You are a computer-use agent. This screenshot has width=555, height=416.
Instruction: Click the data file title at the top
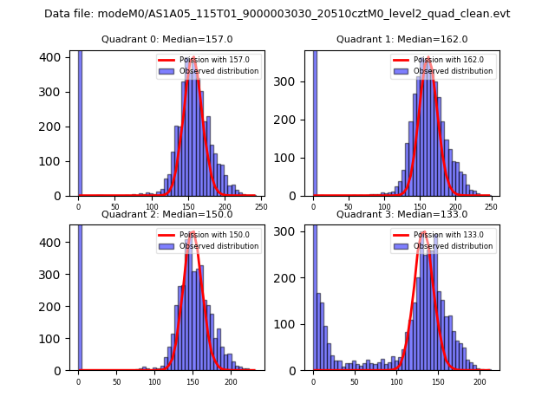click(277, 14)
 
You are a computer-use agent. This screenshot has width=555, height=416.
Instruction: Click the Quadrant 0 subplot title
click(167, 39)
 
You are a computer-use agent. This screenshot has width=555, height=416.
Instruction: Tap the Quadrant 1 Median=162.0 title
click(402, 39)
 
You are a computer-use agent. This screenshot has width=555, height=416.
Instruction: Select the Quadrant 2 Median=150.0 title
click(167, 214)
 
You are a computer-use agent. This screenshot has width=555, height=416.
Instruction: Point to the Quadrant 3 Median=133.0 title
click(402, 214)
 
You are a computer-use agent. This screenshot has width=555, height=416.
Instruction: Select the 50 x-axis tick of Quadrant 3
click(355, 381)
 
